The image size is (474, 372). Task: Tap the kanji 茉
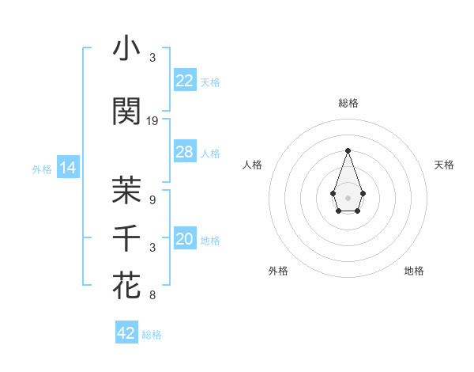click(x=126, y=189)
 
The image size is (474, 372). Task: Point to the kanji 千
click(x=126, y=237)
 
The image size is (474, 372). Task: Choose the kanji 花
click(x=126, y=285)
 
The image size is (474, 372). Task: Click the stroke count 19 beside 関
click(x=152, y=121)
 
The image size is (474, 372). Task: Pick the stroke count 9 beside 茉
click(x=152, y=200)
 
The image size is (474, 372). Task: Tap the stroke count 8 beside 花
click(x=152, y=295)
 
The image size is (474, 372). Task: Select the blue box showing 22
click(x=185, y=80)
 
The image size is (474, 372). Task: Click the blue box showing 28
click(x=185, y=152)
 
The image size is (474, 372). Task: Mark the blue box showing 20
click(x=185, y=239)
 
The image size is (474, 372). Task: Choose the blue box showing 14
click(x=67, y=168)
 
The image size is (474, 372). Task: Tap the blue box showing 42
click(x=126, y=333)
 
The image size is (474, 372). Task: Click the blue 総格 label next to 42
click(x=152, y=335)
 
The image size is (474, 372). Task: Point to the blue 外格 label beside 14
click(x=42, y=169)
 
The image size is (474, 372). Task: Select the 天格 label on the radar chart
click(x=444, y=165)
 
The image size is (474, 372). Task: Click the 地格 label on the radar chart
click(x=414, y=271)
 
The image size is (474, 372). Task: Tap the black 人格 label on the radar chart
click(x=253, y=165)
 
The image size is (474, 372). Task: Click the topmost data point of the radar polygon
click(x=348, y=150)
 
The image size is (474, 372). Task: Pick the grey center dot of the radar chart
click(x=348, y=197)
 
